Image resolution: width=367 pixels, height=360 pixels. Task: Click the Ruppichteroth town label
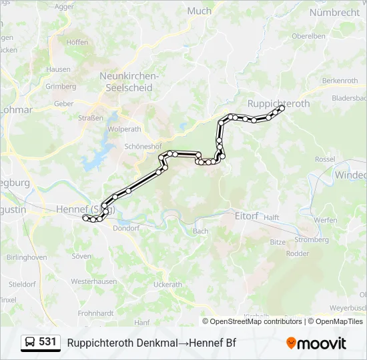[x=278, y=103]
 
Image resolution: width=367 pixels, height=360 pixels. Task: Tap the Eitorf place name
[x=246, y=216]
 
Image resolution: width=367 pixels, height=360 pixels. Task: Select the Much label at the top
[x=200, y=11]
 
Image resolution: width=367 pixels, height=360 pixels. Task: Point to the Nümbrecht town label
[x=334, y=12]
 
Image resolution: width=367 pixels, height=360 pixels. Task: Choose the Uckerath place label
[x=167, y=284]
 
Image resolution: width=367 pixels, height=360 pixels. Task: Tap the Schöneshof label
[x=142, y=146]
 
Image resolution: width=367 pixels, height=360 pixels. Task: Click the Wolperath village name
[x=124, y=129]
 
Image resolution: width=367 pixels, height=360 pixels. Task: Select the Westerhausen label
[x=94, y=281]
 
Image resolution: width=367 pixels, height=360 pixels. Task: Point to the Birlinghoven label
[x=27, y=257]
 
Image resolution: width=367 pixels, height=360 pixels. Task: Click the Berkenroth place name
[x=340, y=80]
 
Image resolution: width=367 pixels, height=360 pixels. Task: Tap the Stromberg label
[x=311, y=239]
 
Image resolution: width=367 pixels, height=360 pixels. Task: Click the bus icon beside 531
[x=31, y=343]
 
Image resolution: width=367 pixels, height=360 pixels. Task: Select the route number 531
[x=47, y=342]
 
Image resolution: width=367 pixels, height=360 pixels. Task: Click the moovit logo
[x=316, y=343]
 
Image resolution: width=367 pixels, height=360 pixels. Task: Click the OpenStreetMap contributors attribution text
[x=256, y=321]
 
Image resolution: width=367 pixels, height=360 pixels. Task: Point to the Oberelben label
[x=308, y=36]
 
